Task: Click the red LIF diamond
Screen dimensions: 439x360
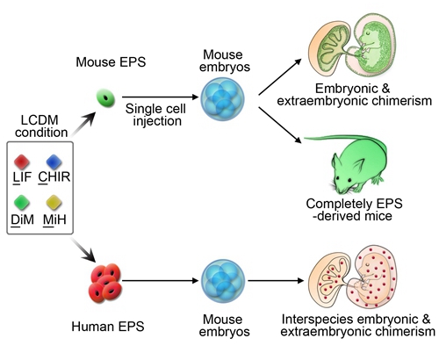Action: [22, 162]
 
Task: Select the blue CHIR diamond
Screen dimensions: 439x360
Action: [54, 162]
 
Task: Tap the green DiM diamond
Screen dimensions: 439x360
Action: [22, 203]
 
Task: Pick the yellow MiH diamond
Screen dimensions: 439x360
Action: [54, 203]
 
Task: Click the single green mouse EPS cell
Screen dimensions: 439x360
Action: [106, 98]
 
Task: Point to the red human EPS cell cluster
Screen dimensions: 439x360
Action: [105, 283]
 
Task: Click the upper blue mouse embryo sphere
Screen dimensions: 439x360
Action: [222, 99]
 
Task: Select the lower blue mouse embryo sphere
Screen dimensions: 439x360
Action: [223, 281]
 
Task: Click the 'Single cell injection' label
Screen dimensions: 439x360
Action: [156, 115]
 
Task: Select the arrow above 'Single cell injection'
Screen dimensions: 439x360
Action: [161, 97]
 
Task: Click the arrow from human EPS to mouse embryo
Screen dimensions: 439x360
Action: [161, 280]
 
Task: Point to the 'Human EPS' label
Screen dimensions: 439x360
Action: [108, 327]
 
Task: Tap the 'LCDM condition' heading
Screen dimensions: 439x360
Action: [41, 126]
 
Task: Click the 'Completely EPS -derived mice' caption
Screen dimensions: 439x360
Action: [354, 210]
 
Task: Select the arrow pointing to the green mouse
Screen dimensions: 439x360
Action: [280, 126]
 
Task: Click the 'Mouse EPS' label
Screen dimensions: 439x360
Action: [111, 62]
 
